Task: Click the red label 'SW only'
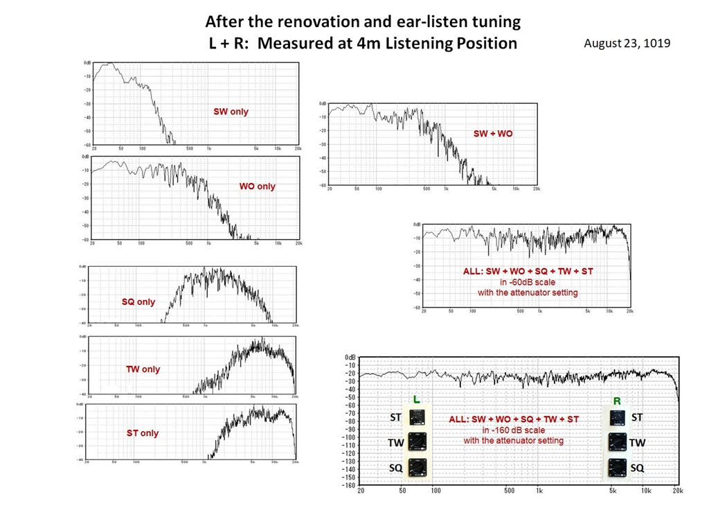point(231,112)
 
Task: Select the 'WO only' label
point(257,186)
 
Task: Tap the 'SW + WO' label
point(493,133)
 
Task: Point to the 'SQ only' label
point(138,302)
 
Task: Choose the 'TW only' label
point(143,369)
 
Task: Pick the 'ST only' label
point(143,433)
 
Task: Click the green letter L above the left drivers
point(416,400)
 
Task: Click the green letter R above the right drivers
point(617,401)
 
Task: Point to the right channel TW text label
point(638,442)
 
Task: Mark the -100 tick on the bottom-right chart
point(348,437)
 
